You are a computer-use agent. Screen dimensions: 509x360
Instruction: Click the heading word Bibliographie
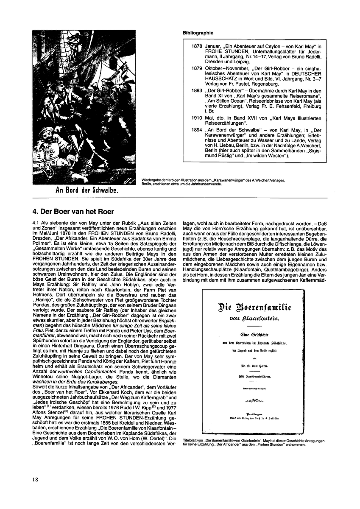tap(198, 33)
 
